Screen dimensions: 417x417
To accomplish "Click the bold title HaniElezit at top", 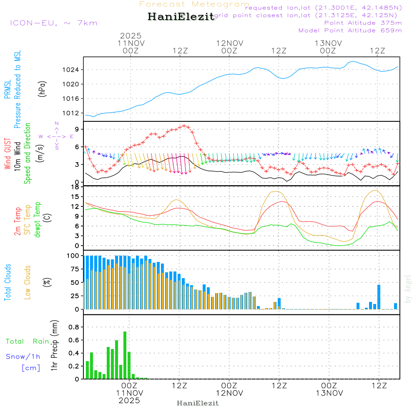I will click(x=181, y=17).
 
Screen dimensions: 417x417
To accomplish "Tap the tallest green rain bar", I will click(x=125, y=355).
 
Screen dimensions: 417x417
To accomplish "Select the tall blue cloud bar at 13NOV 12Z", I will click(x=379, y=296).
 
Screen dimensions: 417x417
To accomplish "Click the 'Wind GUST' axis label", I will click(x=8, y=154).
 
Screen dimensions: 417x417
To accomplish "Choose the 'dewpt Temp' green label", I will click(x=38, y=220).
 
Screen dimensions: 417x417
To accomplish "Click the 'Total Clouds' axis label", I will click(x=8, y=282).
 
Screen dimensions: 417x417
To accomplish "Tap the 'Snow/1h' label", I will click(x=23, y=357).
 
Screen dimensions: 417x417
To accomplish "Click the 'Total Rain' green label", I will click(x=27, y=342).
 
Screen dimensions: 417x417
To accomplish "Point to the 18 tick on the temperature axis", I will click(x=75, y=187).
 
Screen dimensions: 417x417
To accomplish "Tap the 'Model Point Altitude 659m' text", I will click(x=350, y=30).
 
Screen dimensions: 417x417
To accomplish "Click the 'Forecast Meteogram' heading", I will click(x=194, y=4).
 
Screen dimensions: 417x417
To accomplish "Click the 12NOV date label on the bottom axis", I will click(x=229, y=393).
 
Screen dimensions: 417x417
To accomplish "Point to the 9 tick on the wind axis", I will click(x=77, y=129).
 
